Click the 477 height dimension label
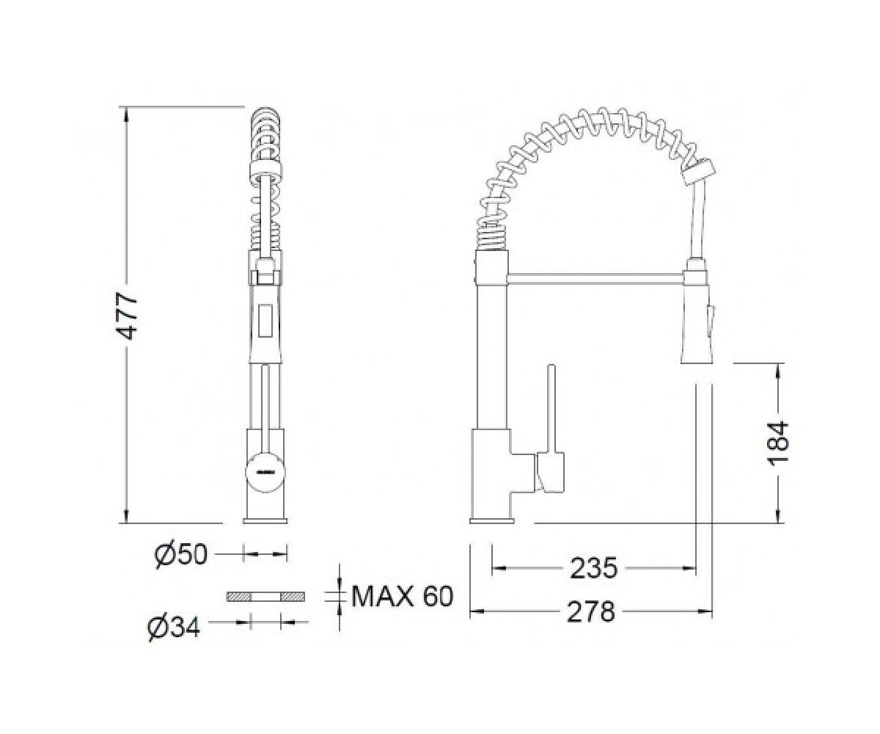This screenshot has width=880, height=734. tap(126, 316)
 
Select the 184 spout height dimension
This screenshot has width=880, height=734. tap(777, 443)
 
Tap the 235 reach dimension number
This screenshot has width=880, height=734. tap(594, 568)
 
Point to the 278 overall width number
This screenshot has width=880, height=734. tap(591, 611)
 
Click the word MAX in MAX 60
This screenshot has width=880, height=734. tap(383, 596)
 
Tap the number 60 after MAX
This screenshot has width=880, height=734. tap(439, 596)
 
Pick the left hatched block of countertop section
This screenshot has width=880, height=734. tap(239, 597)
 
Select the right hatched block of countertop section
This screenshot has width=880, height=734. tap(293, 597)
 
